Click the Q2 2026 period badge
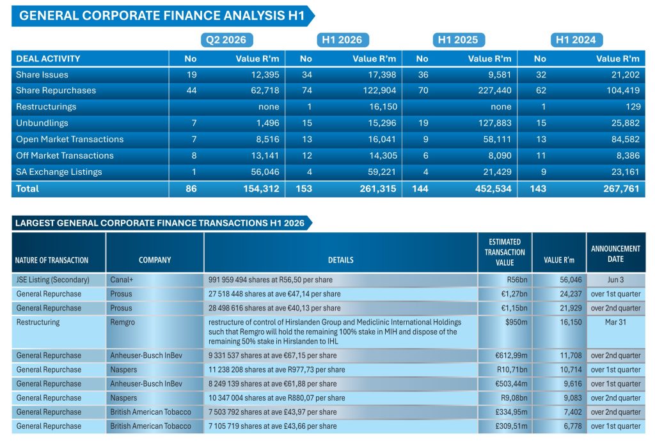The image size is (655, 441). (226, 40)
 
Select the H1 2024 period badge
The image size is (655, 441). (576, 40)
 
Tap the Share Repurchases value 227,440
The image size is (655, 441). (494, 90)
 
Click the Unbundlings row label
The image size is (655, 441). (42, 123)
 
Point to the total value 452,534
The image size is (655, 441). (493, 189)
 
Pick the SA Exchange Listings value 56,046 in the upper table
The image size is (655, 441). (265, 172)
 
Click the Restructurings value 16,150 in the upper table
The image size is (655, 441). (383, 107)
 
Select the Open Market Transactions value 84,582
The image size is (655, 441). (626, 139)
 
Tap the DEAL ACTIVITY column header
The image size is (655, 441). (48, 58)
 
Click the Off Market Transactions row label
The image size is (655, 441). (65, 156)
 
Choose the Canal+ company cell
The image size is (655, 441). (122, 280)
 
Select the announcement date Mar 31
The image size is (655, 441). (615, 323)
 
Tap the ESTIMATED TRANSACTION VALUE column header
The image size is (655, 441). (505, 252)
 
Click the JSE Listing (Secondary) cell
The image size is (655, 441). (52, 280)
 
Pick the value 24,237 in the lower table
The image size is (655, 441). (571, 294)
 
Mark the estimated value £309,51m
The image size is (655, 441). (511, 426)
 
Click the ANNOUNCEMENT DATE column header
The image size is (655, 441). (616, 253)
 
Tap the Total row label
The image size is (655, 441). (27, 189)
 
